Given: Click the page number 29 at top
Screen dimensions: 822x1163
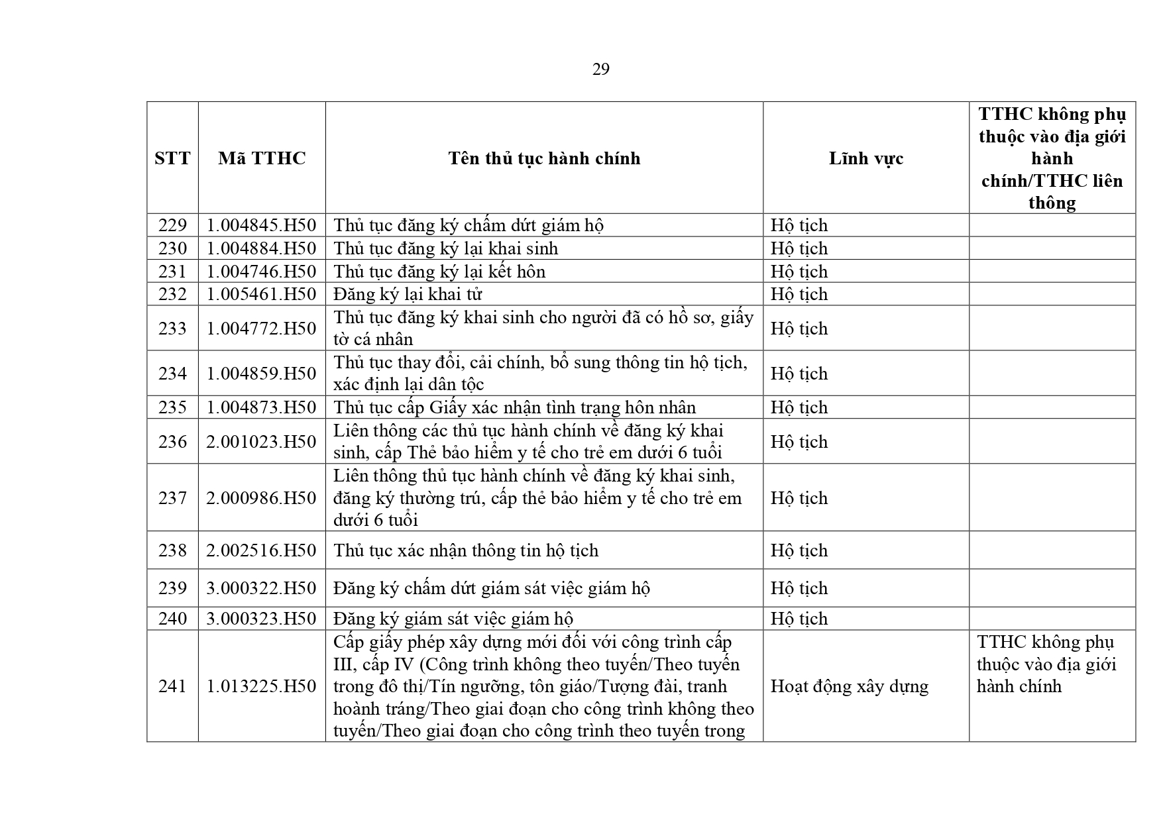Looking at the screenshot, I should point(600,70).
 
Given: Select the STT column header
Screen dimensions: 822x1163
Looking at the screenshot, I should point(172,158).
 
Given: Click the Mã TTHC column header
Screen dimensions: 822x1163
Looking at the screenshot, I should point(262,158).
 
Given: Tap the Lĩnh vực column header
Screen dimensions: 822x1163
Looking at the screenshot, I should point(865,158).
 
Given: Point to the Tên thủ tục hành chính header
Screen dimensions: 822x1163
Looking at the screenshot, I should point(544,158).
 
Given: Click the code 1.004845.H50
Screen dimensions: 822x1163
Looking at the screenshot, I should point(262,225).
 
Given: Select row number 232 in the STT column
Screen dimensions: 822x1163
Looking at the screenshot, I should point(172,294).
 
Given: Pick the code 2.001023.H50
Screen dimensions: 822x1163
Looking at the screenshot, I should point(262,442).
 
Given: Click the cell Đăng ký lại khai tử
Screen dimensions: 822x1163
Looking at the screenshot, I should point(408,294).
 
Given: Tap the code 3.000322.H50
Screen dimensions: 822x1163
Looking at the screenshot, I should point(262,588).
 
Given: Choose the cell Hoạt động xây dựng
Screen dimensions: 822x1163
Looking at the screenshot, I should point(849,686).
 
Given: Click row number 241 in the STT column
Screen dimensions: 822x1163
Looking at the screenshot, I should point(172,686).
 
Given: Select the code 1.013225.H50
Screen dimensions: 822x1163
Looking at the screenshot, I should point(262,686).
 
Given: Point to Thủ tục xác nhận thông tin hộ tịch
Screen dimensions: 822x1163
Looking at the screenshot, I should point(466,550).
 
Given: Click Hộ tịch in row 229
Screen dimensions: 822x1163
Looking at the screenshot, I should point(799,225).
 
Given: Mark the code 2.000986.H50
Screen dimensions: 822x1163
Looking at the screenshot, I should point(262,498).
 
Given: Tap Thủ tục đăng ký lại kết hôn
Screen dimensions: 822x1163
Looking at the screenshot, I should point(439,272).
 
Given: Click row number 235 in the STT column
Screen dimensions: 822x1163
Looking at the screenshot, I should point(172,407).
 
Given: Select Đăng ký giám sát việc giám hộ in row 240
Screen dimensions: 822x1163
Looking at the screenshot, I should point(453,619).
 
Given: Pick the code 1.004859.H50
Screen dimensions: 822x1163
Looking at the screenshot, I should point(262,374).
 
